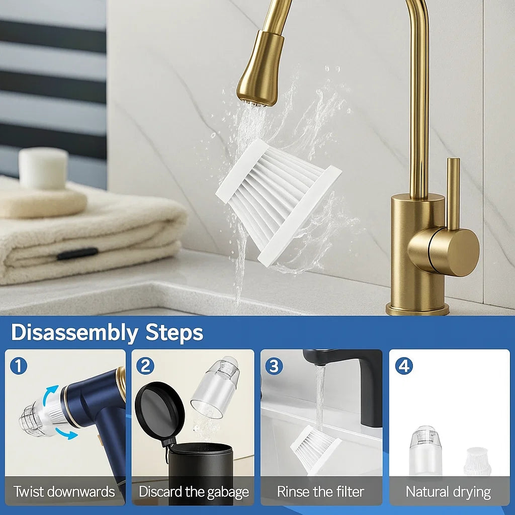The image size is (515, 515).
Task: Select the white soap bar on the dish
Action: (x=43, y=168)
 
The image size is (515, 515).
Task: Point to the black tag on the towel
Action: (x=77, y=254)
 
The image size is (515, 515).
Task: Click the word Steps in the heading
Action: (x=174, y=332)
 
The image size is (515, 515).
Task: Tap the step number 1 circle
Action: (x=19, y=366)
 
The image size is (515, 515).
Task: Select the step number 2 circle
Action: (x=145, y=366)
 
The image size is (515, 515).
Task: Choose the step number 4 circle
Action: (x=403, y=366)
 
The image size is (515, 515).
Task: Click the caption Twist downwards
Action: (x=64, y=491)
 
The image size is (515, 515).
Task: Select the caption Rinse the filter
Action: (x=321, y=491)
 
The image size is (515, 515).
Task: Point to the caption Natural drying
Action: (x=448, y=491)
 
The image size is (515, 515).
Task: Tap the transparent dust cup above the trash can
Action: (x=216, y=387)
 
